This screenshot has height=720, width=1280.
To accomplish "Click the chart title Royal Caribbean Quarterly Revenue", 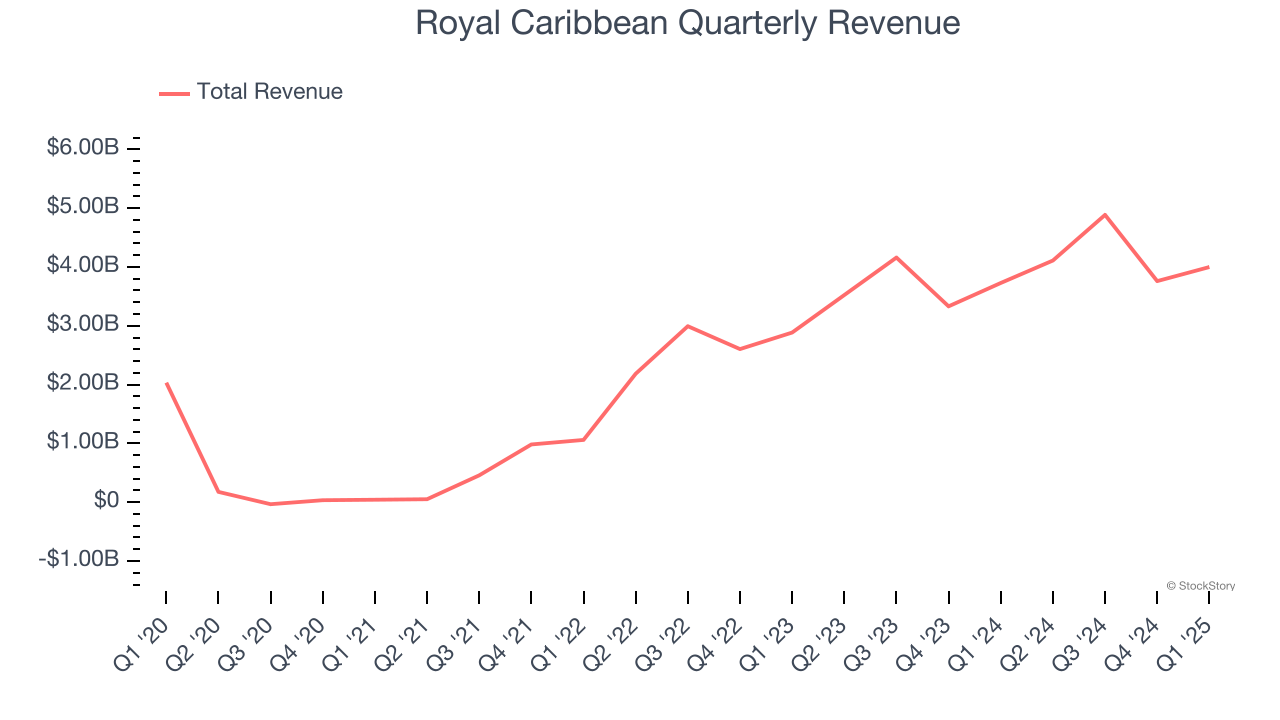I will pyautogui.click(x=687, y=23).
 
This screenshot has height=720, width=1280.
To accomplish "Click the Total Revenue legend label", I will pyautogui.click(x=269, y=92).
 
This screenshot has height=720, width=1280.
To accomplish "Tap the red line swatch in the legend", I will pyautogui.click(x=174, y=93).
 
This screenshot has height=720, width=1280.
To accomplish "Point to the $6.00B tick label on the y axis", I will pyautogui.click(x=83, y=148).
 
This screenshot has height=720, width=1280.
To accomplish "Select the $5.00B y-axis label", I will pyautogui.click(x=83, y=207).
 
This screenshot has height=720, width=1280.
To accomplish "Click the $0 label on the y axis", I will pyautogui.click(x=106, y=501).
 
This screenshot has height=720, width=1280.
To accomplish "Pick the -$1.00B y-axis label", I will pyautogui.click(x=80, y=560).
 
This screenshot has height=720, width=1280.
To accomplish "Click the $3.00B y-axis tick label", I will pyautogui.click(x=83, y=325).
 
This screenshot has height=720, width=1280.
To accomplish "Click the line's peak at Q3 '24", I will pyautogui.click(x=1105, y=214).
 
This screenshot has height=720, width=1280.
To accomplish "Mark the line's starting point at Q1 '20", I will pyautogui.click(x=166, y=383).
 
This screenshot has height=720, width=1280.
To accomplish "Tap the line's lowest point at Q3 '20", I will pyautogui.click(x=270, y=504).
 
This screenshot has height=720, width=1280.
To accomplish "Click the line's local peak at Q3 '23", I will pyautogui.click(x=896, y=257).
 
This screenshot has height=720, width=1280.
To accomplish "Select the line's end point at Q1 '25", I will pyautogui.click(x=1209, y=267).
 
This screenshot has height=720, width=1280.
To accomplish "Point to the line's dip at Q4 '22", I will pyautogui.click(x=740, y=349).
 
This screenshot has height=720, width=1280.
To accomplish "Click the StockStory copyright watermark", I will pyautogui.click(x=1200, y=586).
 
